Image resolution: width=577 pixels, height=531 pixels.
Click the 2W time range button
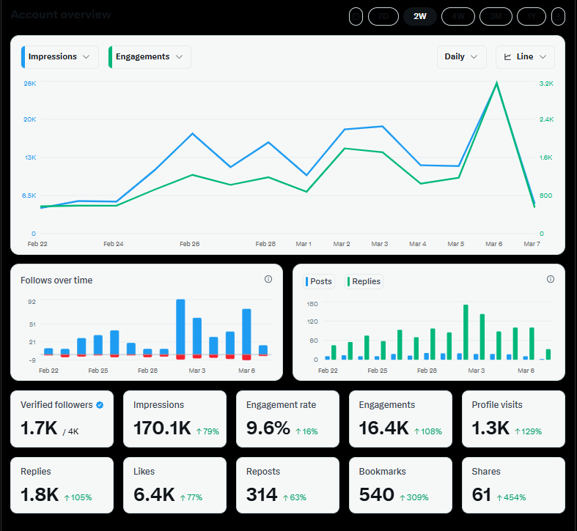(420, 15)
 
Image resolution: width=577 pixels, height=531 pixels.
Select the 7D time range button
(383, 15)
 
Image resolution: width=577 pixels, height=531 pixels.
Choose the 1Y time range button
(532, 15)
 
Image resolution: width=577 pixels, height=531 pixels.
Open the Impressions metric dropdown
(60, 57)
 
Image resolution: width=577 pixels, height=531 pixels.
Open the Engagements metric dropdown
(150, 57)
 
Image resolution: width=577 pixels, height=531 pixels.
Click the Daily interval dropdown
(461, 57)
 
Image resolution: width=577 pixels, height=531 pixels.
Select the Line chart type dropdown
(525, 57)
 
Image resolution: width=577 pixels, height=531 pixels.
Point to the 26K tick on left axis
(30, 83)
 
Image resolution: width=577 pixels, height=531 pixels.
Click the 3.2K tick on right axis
(546, 83)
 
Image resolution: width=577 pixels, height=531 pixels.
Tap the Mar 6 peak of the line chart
(496, 83)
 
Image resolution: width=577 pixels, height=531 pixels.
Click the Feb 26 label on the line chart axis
(190, 244)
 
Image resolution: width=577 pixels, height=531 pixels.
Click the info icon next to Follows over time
(268, 279)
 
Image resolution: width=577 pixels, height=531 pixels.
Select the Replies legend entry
(364, 281)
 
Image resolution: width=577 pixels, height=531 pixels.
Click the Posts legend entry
(319, 281)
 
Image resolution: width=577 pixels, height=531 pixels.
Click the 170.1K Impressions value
(162, 428)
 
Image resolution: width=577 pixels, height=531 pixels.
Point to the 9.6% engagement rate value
(268, 428)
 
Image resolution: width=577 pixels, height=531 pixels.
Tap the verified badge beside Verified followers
(100, 405)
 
